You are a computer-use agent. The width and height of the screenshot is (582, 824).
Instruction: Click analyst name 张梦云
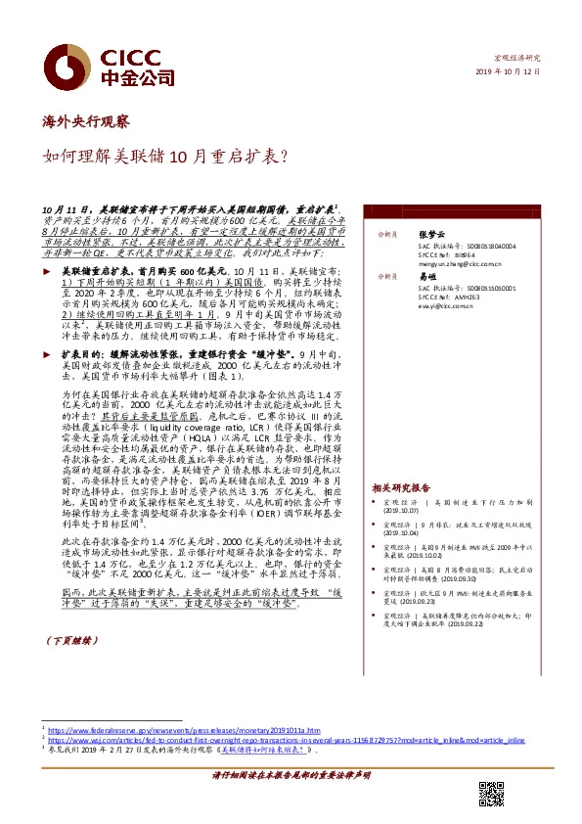(x=431, y=235)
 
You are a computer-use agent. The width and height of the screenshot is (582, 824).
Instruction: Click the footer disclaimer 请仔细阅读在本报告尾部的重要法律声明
(x=291, y=775)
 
